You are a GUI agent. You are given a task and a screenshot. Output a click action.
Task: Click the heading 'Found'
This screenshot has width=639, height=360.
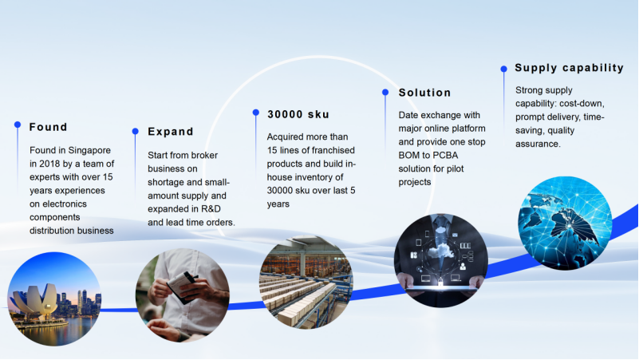tap(48, 127)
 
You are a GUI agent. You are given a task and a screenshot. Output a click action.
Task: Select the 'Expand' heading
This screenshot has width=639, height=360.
tap(171, 132)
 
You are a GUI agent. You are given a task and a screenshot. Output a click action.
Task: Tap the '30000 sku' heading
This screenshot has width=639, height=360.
tap(298, 115)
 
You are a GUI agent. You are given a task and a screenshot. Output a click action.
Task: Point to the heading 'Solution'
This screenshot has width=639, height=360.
tap(424, 93)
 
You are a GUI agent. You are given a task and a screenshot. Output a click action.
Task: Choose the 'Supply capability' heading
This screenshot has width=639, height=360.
tap(570, 68)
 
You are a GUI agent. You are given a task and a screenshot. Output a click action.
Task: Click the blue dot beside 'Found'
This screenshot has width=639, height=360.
tap(18, 125)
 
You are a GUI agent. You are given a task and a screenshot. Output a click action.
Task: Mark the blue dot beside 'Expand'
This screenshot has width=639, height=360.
tap(136, 131)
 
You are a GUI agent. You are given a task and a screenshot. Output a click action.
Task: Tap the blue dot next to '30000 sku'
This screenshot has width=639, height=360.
tap(256, 113)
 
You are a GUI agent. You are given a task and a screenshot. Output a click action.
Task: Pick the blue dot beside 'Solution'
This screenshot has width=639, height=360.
tap(385, 92)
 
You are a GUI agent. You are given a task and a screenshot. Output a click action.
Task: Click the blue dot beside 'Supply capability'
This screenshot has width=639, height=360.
tap(504, 69)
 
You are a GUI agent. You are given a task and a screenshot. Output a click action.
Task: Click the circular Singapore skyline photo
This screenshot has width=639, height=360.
tap(54, 299)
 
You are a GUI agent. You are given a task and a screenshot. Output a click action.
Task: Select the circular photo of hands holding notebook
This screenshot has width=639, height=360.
tap(183, 295)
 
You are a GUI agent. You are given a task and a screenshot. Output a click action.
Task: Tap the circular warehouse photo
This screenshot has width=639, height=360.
tap(306, 282)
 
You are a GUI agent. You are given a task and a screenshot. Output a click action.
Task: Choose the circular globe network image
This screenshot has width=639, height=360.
tap(566, 223)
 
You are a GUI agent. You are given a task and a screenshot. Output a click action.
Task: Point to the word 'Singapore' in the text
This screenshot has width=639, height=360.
tap(89, 150)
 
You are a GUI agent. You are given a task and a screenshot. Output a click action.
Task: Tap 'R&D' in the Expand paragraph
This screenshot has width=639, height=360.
tap(211, 209)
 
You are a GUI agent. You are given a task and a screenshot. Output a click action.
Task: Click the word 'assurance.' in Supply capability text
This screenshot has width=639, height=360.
tap(538, 144)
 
